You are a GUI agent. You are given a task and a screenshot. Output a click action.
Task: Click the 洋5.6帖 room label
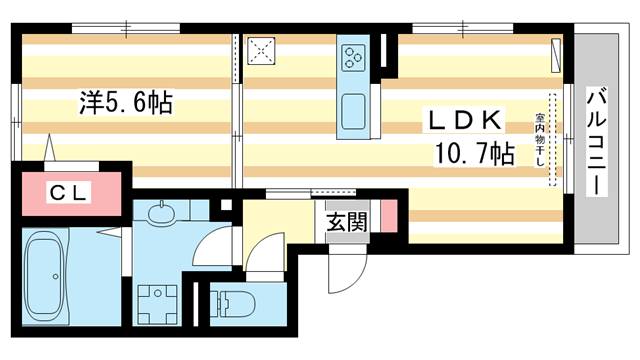tap(128, 102)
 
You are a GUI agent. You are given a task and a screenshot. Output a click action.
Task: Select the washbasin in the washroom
tap(162, 214)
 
